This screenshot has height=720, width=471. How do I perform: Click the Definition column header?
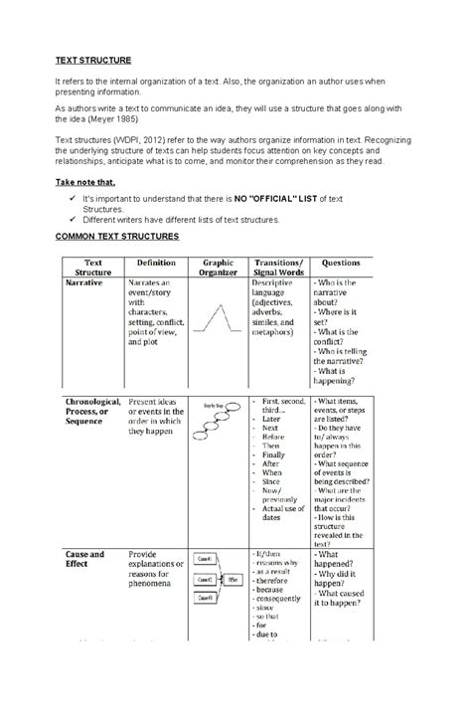click(x=158, y=263)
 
